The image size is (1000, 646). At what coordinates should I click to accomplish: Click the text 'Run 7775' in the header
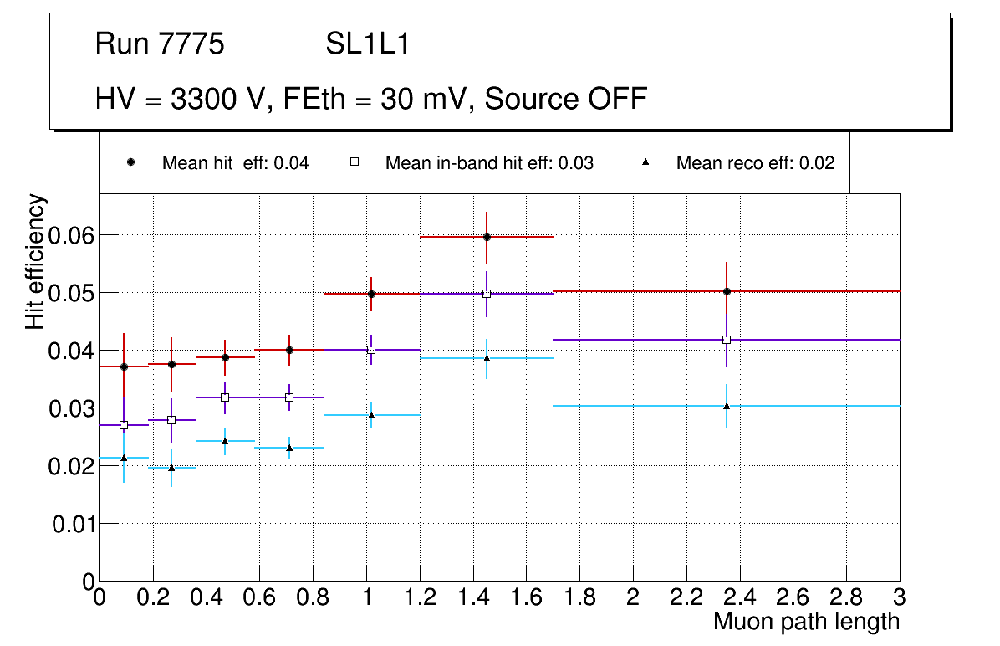click(160, 44)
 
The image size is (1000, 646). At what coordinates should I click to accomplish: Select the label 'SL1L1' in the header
click(368, 44)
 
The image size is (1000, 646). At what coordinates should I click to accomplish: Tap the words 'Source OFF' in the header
click(566, 99)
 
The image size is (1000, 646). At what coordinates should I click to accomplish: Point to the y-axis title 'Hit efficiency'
click(36, 261)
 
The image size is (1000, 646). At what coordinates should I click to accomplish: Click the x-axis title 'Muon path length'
click(806, 622)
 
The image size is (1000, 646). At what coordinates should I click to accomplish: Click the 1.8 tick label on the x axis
click(579, 597)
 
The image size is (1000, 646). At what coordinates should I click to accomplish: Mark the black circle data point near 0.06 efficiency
click(487, 237)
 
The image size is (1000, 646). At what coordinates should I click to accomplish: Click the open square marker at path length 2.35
click(727, 340)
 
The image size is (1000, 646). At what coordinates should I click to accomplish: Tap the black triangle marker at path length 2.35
click(727, 406)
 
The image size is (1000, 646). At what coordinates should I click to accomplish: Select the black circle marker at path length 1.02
click(371, 294)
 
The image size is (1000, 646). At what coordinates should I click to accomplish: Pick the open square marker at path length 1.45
click(487, 294)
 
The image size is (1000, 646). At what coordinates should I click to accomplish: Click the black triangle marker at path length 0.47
click(225, 441)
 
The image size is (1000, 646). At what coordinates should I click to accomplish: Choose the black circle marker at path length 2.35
click(727, 291)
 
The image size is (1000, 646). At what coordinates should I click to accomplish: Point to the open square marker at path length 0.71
click(289, 397)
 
